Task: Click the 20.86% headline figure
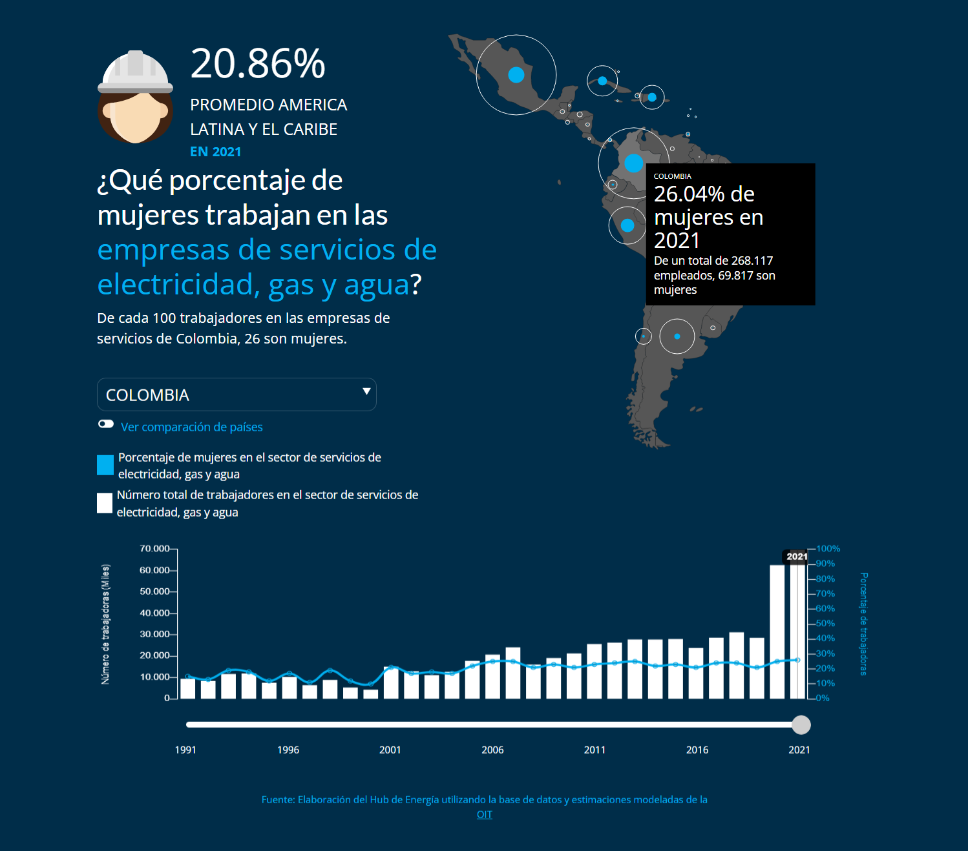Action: pyautogui.click(x=257, y=64)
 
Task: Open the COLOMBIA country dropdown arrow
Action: pyautogui.click(x=366, y=391)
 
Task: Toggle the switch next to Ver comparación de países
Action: pyautogui.click(x=106, y=424)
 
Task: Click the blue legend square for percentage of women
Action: pyautogui.click(x=105, y=465)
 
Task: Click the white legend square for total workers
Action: pyautogui.click(x=105, y=503)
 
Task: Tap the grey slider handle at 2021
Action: pyautogui.click(x=801, y=725)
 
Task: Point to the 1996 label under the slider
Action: pyautogui.click(x=288, y=750)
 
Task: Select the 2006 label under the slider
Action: pyautogui.click(x=492, y=750)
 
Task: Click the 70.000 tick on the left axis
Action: pyautogui.click(x=154, y=549)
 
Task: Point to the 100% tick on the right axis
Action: pyautogui.click(x=828, y=549)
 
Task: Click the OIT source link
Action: pyautogui.click(x=485, y=815)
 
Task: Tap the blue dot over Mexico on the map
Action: pyautogui.click(x=516, y=75)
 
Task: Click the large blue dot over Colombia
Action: pyautogui.click(x=634, y=163)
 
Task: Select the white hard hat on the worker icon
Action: pyautogui.click(x=136, y=71)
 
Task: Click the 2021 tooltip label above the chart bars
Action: pyautogui.click(x=797, y=557)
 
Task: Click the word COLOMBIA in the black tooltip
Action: pyautogui.click(x=673, y=176)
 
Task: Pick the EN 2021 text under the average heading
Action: pyautogui.click(x=215, y=152)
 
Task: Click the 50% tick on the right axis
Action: pyautogui.click(x=825, y=624)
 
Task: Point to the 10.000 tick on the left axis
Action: pyautogui.click(x=154, y=677)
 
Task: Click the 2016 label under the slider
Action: pyautogui.click(x=697, y=750)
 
